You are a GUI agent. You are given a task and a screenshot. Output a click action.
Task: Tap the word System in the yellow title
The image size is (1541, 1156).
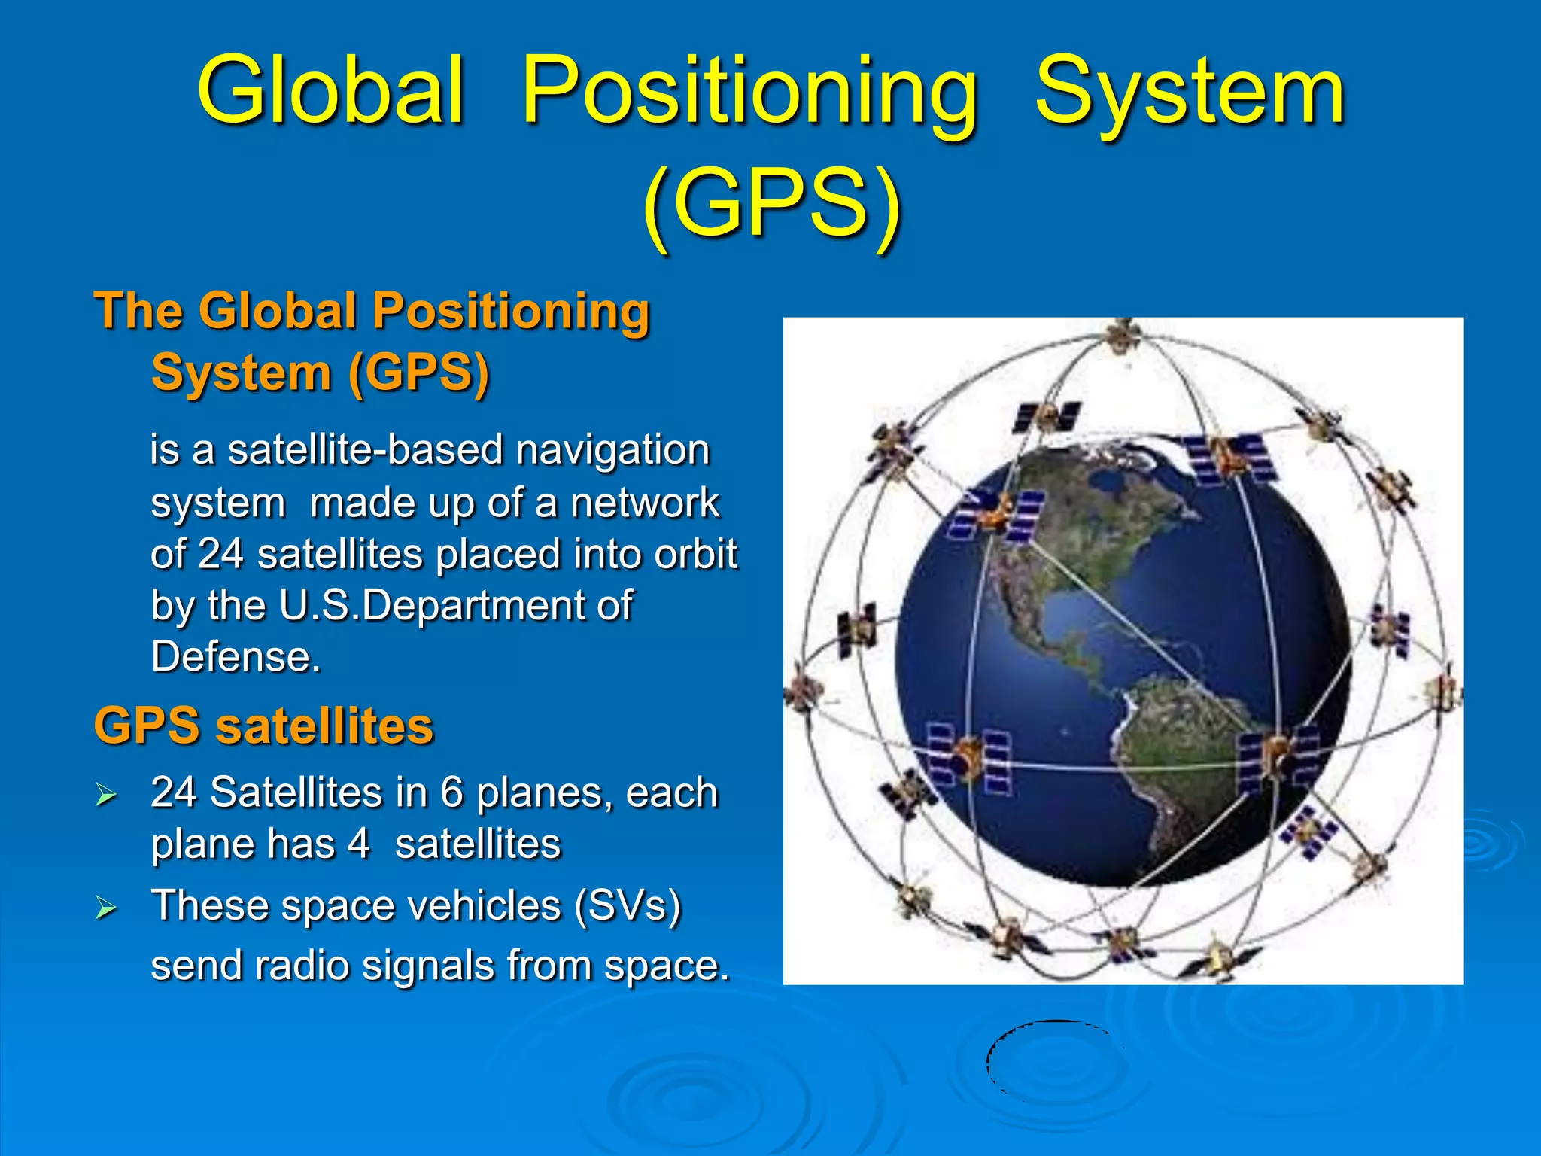[1189, 92]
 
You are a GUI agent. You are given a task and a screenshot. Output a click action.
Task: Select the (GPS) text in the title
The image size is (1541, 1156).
[770, 203]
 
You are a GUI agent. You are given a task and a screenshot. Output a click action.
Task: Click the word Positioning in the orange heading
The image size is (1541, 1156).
[511, 311]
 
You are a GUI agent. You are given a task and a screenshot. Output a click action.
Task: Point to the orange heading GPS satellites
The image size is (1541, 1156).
[263, 726]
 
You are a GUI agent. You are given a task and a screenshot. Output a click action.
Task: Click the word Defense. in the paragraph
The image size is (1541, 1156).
[236, 657]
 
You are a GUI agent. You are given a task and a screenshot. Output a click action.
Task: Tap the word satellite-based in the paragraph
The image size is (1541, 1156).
[365, 450]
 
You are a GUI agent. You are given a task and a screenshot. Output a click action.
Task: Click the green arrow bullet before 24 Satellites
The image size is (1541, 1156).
[106, 795]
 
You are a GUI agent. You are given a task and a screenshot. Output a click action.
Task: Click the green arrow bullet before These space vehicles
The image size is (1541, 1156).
[106, 908]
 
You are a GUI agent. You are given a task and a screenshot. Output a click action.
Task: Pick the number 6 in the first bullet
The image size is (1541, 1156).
[451, 792]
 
